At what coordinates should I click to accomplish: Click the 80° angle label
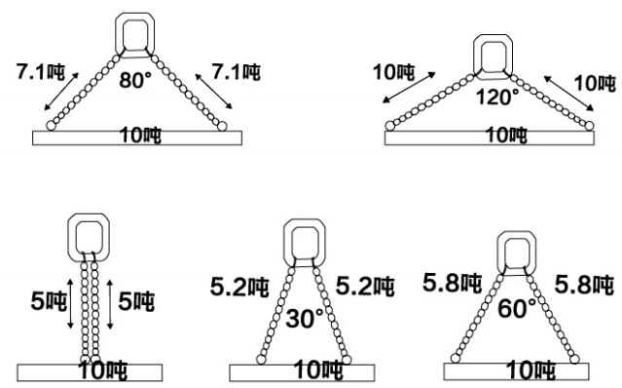pyautogui.click(x=135, y=80)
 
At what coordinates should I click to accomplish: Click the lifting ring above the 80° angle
pyautogui.click(x=135, y=33)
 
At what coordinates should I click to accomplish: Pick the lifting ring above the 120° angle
pyautogui.click(x=494, y=55)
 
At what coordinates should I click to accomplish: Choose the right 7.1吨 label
pyautogui.click(x=238, y=71)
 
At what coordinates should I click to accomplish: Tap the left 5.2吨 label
pyautogui.click(x=237, y=288)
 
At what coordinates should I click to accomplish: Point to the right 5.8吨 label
pyautogui.click(x=583, y=285)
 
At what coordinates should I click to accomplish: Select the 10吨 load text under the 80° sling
pyautogui.click(x=137, y=135)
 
